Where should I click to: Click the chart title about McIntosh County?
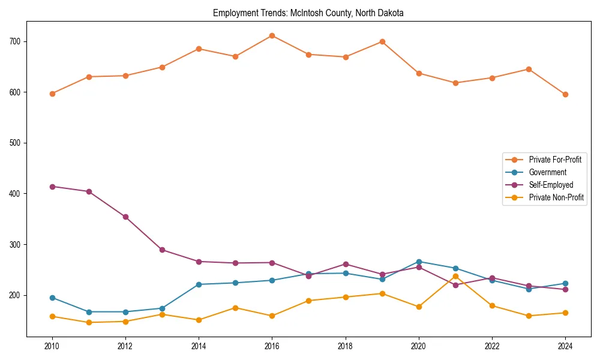click(308, 13)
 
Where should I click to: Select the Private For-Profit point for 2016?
click(272, 35)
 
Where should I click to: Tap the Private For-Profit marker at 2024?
click(565, 94)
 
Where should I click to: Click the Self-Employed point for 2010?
click(52, 187)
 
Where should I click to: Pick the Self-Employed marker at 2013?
click(162, 250)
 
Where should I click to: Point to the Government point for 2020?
click(419, 262)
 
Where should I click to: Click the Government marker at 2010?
click(52, 298)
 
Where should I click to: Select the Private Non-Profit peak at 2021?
click(455, 276)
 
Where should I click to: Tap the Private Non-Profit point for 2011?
click(89, 322)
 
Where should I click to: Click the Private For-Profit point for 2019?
click(382, 41)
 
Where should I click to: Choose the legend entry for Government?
click(547, 172)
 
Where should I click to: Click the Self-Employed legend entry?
click(551, 185)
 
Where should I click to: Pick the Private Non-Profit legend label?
click(556, 197)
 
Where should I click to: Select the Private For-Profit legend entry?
click(555, 160)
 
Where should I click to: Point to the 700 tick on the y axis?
click(15, 41)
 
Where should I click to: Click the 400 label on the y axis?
click(15, 194)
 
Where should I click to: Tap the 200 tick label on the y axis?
click(15, 295)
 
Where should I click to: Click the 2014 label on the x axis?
click(199, 346)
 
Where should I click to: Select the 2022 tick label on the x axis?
click(492, 346)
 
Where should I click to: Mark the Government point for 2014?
click(199, 284)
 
